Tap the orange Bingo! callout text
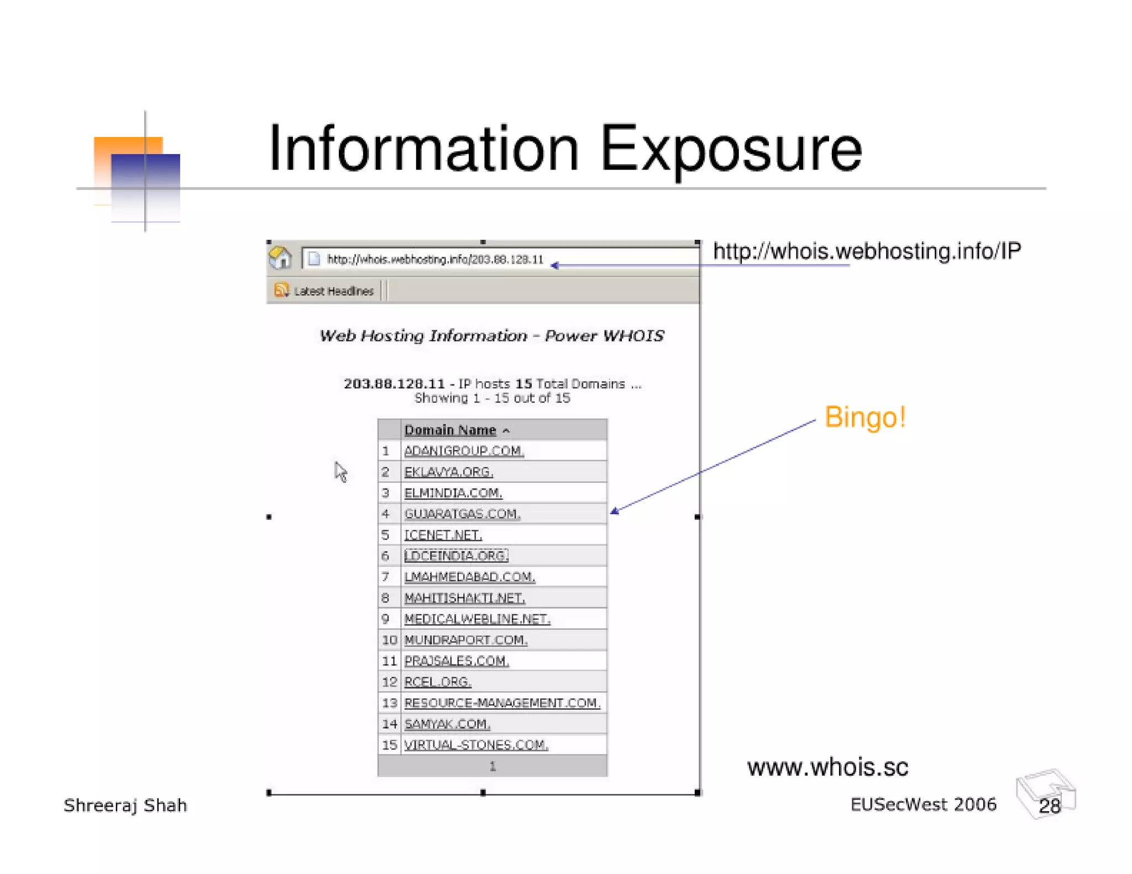pos(864,417)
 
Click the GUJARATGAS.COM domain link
pos(462,514)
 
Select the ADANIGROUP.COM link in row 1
pos(464,451)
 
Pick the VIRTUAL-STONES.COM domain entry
pos(476,745)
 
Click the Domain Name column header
pos(450,430)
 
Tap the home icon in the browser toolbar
pos(280,258)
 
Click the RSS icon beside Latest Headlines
pos(281,290)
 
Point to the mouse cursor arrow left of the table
pos(340,471)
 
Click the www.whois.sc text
pos(827,767)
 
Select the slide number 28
pos(1049,806)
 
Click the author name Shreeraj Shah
pos(125,805)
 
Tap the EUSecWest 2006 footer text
pos(923,804)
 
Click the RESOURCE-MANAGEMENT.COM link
pos(502,703)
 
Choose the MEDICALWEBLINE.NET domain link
pos(477,619)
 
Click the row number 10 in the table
pos(389,640)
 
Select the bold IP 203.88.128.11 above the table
pos(394,383)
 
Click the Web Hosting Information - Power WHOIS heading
pos(491,335)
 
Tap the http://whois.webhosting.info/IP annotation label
pos(867,251)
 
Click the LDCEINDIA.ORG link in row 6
pos(456,556)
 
